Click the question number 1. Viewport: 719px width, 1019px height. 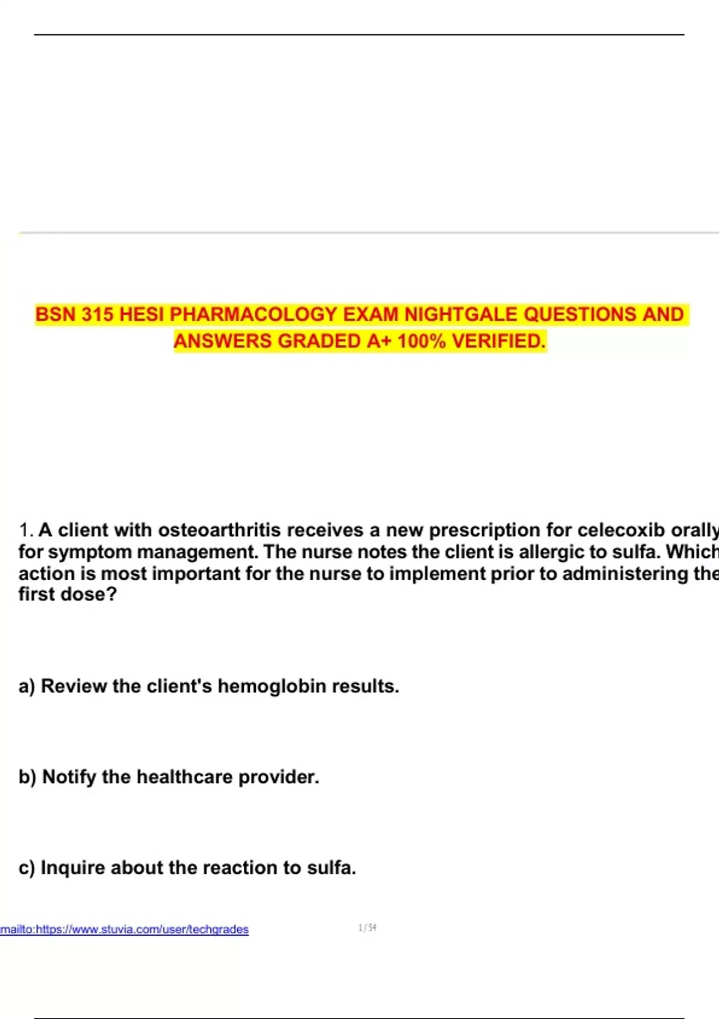[25, 530]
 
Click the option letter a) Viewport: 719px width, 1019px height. [26, 686]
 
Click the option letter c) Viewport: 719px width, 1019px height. [26, 868]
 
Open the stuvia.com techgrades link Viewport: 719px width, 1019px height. [124, 930]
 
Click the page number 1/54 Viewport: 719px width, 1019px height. [367, 928]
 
